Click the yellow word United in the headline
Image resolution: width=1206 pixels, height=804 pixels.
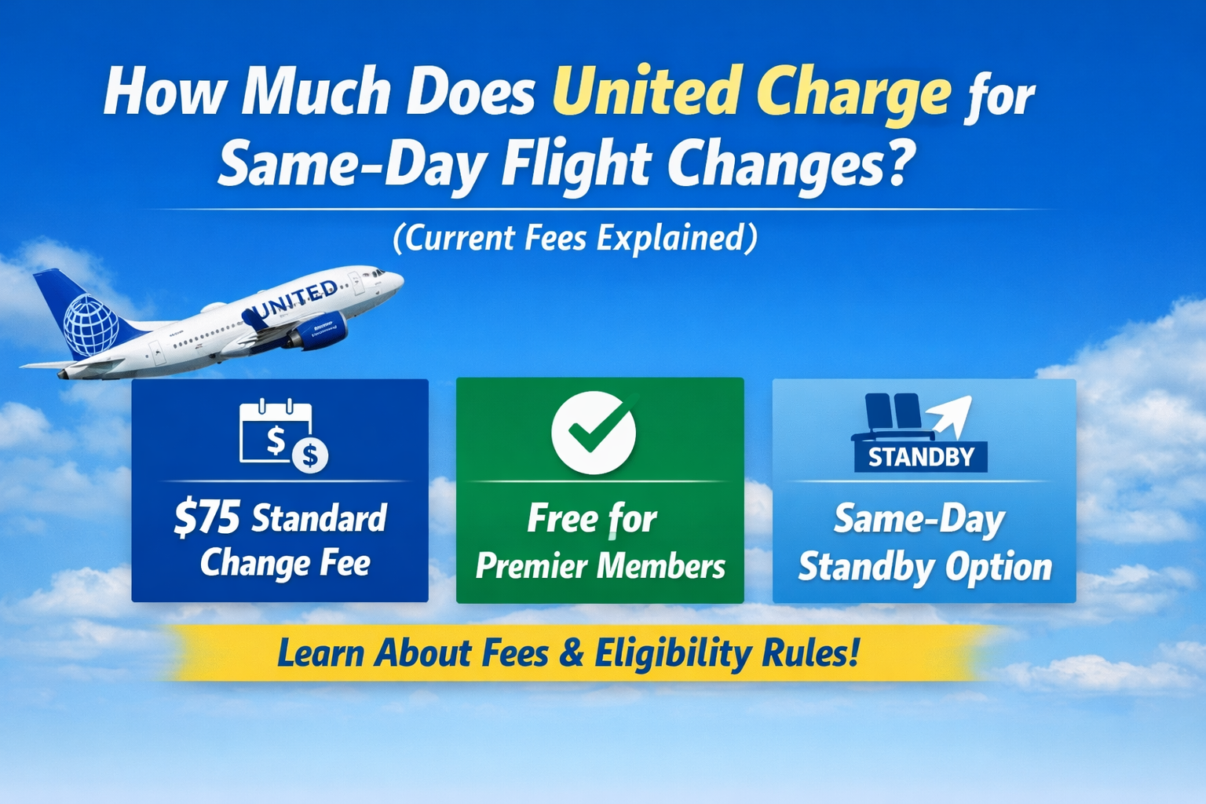pyautogui.click(x=646, y=92)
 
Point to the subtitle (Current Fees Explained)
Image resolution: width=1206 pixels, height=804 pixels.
pyautogui.click(x=575, y=238)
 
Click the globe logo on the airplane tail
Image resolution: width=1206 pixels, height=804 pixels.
pyautogui.click(x=90, y=325)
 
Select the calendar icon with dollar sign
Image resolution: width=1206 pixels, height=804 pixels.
pyautogui.click(x=281, y=436)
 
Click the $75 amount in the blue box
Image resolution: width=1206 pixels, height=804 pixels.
pyautogui.click(x=206, y=518)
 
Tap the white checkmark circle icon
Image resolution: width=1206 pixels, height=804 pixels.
pyautogui.click(x=594, y=433)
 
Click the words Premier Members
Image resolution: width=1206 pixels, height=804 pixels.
pyautogui.click(x=600, y=566)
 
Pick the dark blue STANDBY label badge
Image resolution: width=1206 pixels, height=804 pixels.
pyautogui.click(x=920, y=457)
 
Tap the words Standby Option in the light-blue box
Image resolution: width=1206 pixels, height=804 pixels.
pyautogui.click(x=924, y=567)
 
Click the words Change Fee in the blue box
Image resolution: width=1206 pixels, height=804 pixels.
pyautogui.click(x=285, y=563)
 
